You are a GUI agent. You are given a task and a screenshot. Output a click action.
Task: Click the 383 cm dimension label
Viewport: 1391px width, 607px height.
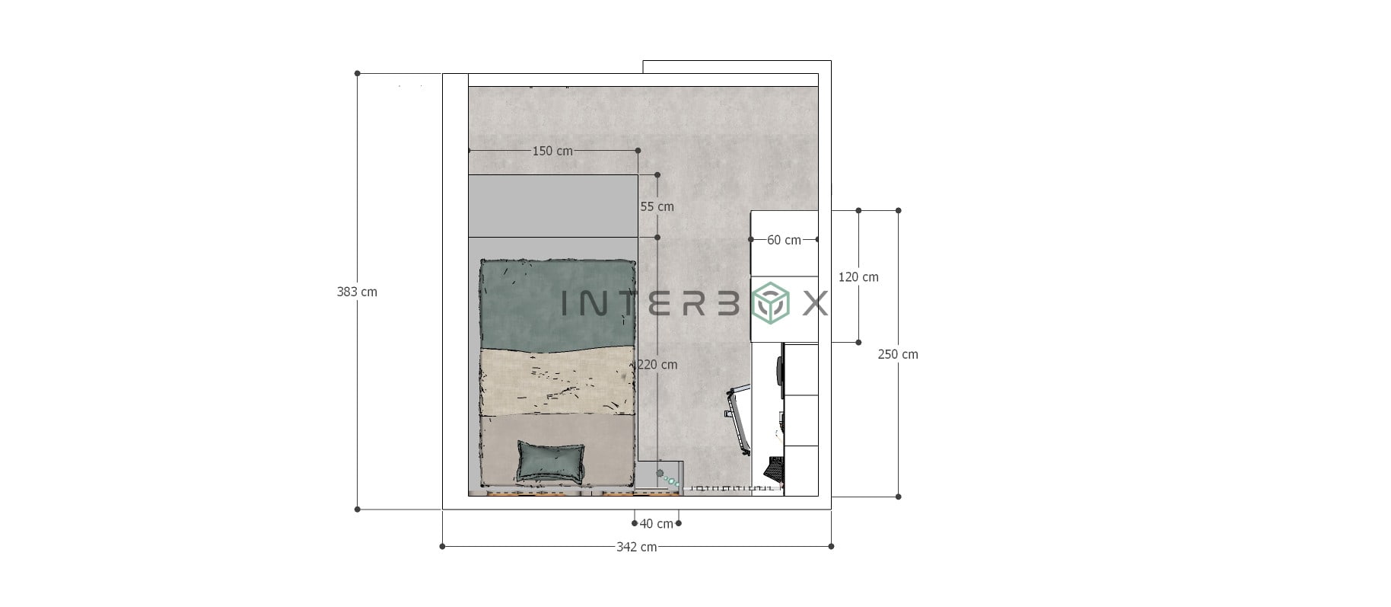[x=357, y=292]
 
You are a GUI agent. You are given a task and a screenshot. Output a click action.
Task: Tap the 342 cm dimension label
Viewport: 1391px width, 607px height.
[x=637, y=547]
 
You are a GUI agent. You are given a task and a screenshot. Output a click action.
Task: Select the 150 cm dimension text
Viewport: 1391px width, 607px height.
[x=552, y=151]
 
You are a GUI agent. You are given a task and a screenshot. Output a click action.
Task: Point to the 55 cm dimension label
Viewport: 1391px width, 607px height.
[x=657, y=206]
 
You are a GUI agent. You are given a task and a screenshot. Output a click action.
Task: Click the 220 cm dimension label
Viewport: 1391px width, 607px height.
[x=657, y=365]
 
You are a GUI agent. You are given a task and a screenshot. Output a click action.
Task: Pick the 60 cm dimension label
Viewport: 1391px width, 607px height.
[x=784, y=240]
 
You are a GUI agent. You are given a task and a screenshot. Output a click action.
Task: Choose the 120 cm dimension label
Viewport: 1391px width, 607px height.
[x=858, y=277]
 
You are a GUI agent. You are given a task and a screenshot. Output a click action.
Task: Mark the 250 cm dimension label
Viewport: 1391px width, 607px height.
[x=898, y=354]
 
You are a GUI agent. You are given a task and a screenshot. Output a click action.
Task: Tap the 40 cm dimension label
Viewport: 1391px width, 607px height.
[x=656, y=524]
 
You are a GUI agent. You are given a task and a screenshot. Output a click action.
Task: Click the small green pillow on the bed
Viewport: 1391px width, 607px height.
[x=552, y=461]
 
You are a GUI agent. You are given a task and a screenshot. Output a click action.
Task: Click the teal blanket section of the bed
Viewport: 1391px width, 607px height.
[x=557, y=305]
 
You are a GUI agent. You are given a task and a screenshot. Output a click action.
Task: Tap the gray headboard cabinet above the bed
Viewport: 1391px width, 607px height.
[x=552, y=206]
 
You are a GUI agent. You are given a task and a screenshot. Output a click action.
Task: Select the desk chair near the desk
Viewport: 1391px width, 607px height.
[x=739, y=419]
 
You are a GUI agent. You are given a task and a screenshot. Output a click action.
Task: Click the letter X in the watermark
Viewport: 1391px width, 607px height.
[x=815, y=305]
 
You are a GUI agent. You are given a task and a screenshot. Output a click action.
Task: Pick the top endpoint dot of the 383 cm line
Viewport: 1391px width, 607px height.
[x=358, y=74]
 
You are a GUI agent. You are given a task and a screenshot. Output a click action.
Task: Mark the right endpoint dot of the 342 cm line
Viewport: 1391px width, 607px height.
[x=831, y=546]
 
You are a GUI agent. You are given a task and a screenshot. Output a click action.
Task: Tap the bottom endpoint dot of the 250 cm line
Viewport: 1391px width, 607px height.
[x=899, y=497]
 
